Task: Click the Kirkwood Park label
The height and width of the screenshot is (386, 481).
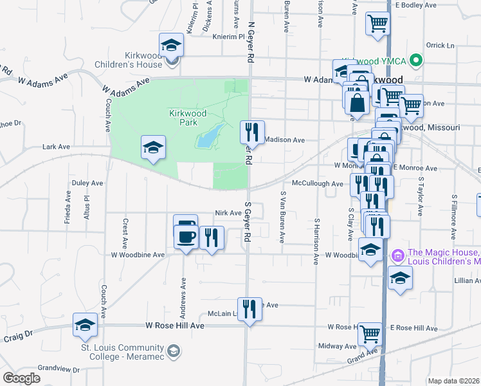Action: (187, 117)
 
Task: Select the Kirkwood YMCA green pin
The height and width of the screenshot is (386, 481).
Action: (416, 61)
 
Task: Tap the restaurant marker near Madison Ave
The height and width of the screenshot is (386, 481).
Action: (252, 133)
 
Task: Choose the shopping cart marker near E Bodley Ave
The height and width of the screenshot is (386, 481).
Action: (377, 24)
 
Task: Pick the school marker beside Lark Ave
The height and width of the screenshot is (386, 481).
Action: (154, 147)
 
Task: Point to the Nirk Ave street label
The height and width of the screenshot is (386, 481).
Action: (228, 212)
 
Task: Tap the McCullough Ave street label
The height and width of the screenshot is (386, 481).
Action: (317, 183)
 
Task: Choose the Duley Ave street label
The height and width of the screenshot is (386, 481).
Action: (87, 183)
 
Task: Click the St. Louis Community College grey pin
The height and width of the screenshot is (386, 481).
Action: (173, 351)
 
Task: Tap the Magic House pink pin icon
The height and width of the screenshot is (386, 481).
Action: (397, 257)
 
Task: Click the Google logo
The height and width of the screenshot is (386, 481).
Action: (21, 378)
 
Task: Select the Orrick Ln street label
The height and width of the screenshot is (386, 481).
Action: (440, 46)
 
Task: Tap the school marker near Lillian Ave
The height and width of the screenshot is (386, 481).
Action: (400, 278)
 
